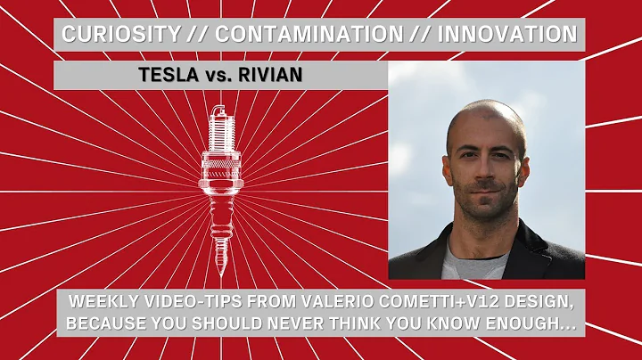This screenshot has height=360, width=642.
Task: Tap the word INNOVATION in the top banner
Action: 498,36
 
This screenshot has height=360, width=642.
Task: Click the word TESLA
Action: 170,75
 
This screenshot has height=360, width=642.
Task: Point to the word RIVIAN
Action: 270,75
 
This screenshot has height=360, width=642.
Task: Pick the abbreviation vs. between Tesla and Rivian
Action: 218,75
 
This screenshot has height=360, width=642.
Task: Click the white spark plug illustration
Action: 217,178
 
